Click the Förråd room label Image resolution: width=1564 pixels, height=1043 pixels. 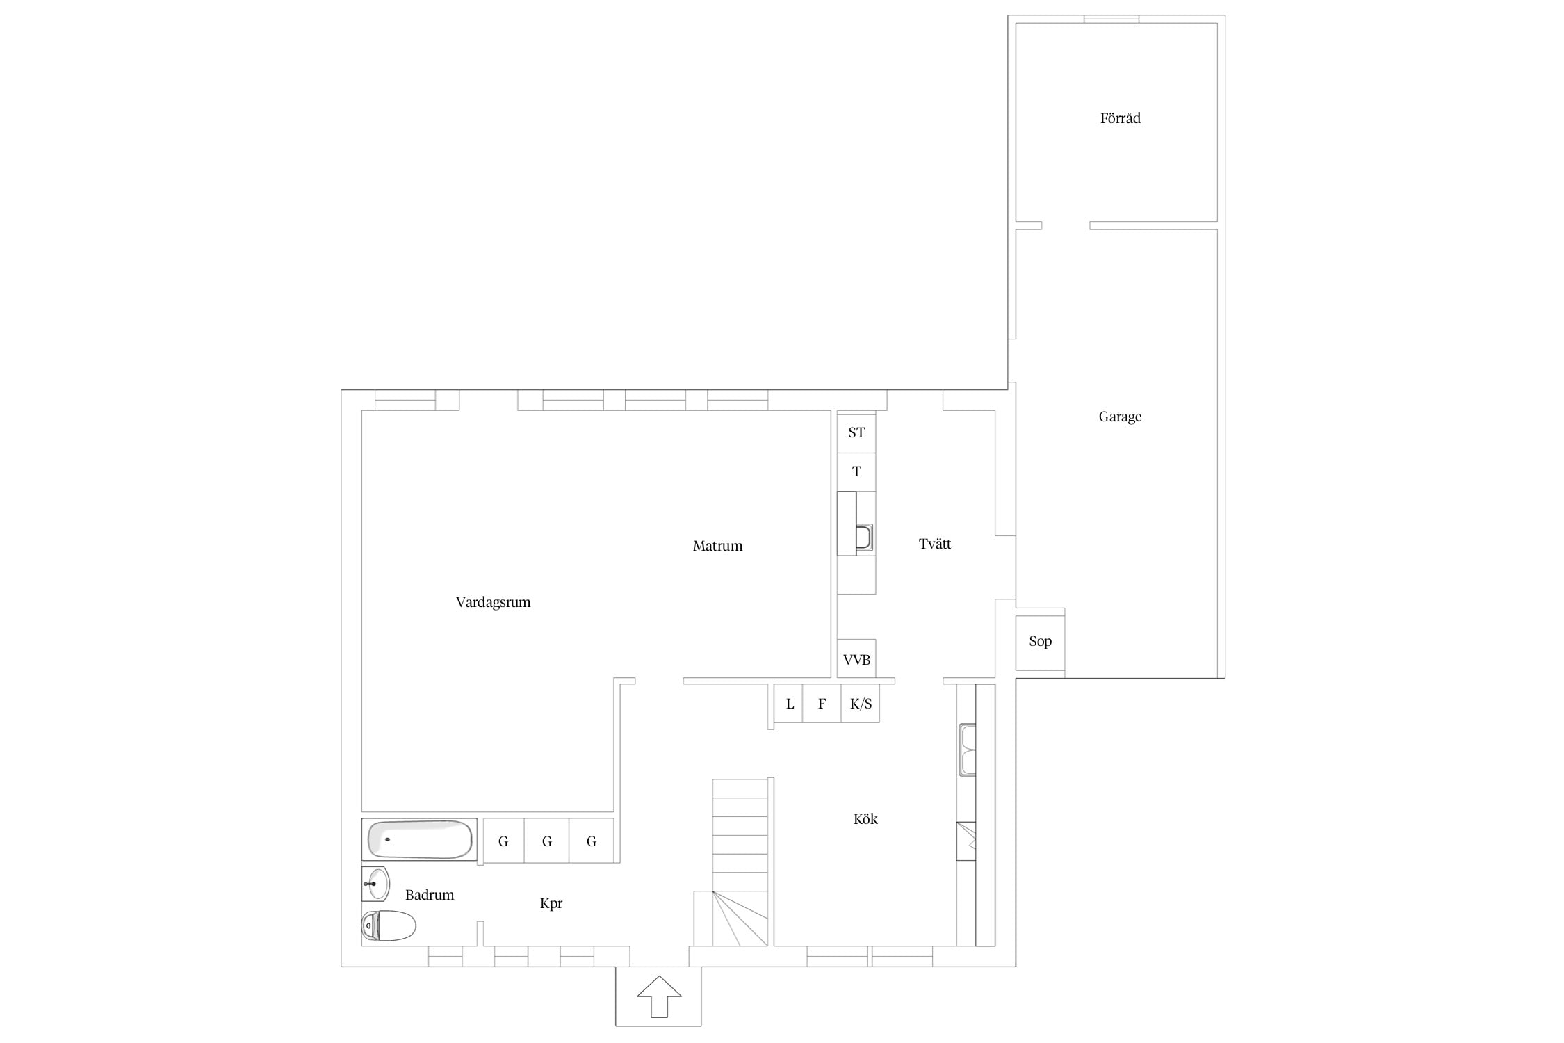1120,118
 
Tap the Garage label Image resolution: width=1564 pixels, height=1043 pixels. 1120,417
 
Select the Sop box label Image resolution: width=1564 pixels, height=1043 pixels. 1040,641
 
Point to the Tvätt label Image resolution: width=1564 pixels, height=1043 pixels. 935,544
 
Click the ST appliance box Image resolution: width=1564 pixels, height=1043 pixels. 856,432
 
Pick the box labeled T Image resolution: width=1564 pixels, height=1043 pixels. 856,472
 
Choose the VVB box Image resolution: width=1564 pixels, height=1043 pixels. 856,658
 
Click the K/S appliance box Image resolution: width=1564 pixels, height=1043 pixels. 861,704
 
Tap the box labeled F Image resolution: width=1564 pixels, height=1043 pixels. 822,704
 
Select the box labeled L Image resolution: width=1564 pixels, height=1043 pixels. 789,704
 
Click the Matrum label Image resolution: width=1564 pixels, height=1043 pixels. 717,546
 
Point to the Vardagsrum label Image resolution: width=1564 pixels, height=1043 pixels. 493,602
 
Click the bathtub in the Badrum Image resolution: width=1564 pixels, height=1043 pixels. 419,839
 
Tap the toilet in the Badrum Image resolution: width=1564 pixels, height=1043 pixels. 389,925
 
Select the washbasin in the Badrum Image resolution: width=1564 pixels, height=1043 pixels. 375,884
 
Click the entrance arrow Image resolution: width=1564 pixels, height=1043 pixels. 659,997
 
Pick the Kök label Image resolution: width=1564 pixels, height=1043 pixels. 865,819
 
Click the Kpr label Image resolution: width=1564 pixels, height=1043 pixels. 551,903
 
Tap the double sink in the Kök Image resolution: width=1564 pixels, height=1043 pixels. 968,750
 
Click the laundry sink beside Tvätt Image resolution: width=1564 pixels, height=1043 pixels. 864,537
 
